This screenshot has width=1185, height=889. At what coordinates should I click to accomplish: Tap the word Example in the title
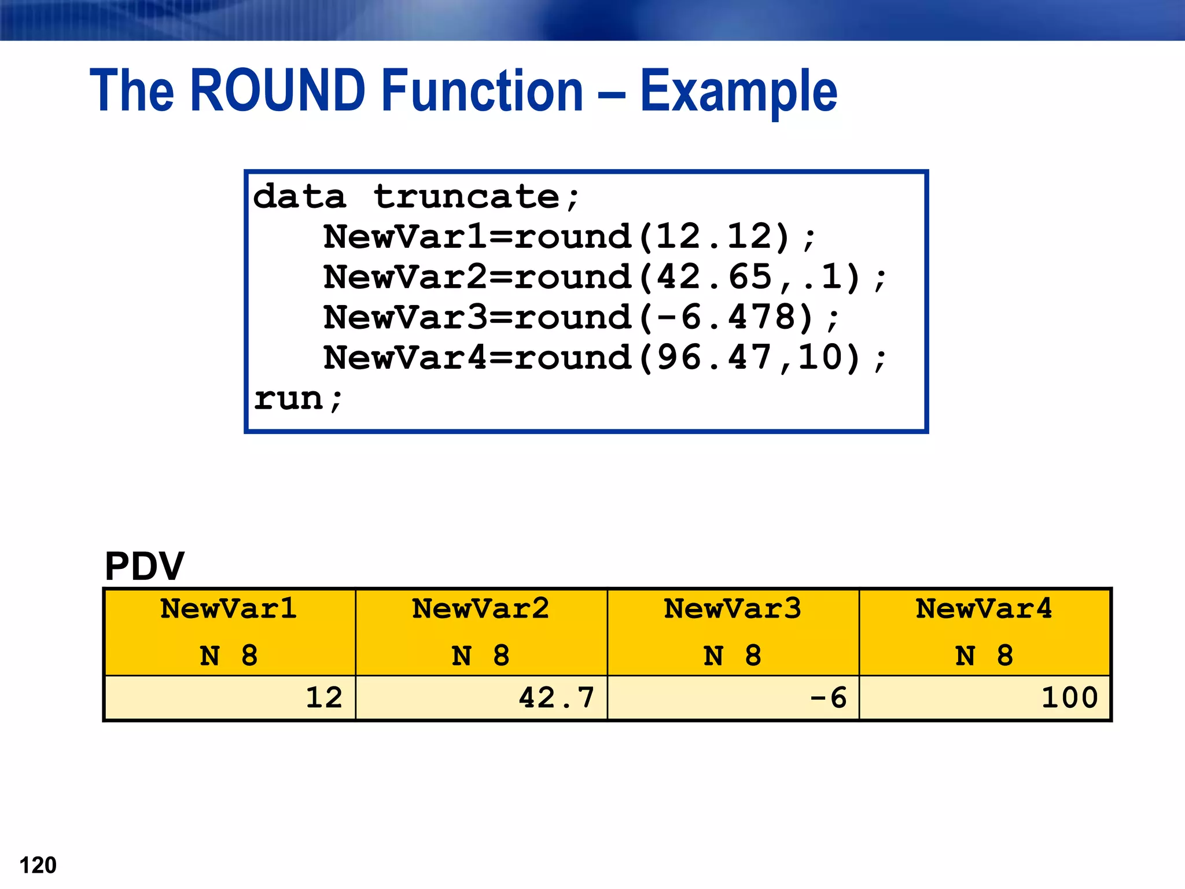738,91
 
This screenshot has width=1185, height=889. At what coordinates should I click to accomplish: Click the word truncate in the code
466,197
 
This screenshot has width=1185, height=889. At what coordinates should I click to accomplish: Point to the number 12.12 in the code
715,237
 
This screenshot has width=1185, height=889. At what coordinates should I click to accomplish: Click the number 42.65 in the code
715,277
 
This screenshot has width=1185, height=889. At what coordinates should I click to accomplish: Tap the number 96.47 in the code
715,358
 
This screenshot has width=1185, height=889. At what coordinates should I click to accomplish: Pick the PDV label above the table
144,566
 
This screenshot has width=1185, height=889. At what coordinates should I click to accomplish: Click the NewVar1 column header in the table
229,609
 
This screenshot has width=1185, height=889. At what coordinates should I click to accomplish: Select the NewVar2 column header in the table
481,609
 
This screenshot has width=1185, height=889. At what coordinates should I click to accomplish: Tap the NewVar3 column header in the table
733,609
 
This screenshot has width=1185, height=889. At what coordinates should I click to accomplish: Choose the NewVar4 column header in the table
984,609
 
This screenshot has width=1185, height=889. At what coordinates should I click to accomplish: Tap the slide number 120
38,865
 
